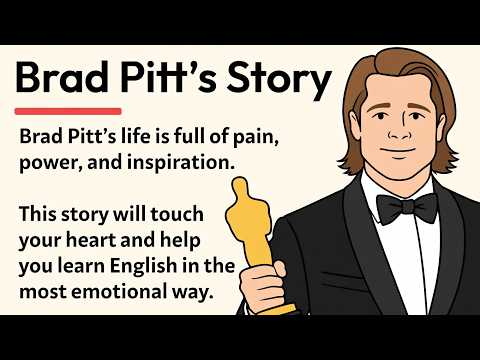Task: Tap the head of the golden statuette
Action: coord(240,187)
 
